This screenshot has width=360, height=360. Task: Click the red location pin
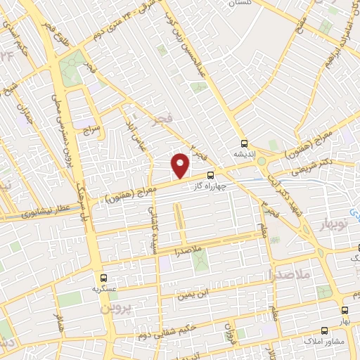pyautogui.click(x=181, y=165)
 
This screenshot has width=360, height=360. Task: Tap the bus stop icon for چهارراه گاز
pyautogui.click(x=211, y=176)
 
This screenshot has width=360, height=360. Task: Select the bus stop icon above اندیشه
pyautogui.click(x=244, y=141)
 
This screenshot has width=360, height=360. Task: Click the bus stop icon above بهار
pyautogui.click(x=345, y=309)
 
